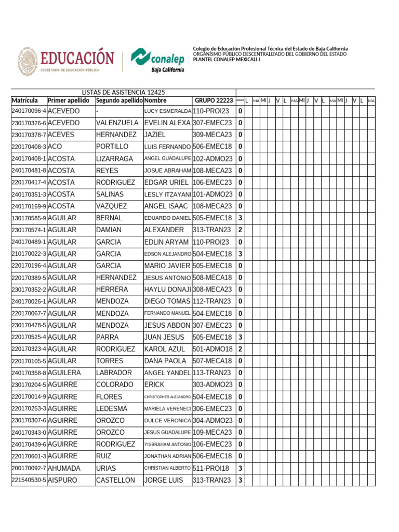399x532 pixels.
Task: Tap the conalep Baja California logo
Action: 157,60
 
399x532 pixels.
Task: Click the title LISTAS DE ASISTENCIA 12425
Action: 123,92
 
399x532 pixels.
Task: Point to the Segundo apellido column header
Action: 119,100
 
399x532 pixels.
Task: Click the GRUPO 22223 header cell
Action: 214,100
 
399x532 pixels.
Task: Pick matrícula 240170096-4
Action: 29,111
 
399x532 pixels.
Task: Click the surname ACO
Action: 55,147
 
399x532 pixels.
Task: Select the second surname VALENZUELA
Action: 117,123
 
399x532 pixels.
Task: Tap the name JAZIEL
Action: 155,135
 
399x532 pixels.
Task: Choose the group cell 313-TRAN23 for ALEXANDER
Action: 212,230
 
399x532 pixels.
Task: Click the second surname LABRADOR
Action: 115,373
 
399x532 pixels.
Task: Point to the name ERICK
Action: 154,385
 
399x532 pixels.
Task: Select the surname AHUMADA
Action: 64,469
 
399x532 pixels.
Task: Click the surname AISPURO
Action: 62,481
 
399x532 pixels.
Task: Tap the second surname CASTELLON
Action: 115,481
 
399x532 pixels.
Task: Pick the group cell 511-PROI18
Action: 211,469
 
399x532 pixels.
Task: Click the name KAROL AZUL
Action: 165,349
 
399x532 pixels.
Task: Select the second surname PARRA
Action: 108,337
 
